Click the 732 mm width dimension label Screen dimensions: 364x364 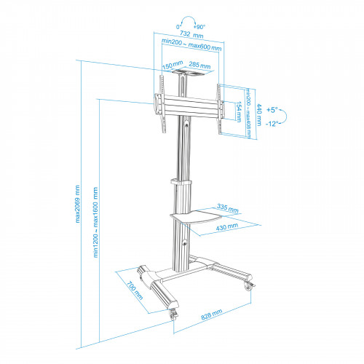pos(191,34)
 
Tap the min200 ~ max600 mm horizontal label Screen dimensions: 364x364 pos(191,44)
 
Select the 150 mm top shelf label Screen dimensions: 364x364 pos(173,65)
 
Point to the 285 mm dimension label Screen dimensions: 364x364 pos(199,65)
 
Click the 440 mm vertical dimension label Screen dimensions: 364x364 pos(259,115)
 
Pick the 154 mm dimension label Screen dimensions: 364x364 pos(239,111)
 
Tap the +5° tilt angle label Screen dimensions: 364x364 pos(272,110)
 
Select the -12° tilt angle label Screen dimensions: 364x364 pos(272,124)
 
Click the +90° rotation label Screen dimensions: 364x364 pos(199,27)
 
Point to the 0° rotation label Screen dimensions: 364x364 pos(179,27)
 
